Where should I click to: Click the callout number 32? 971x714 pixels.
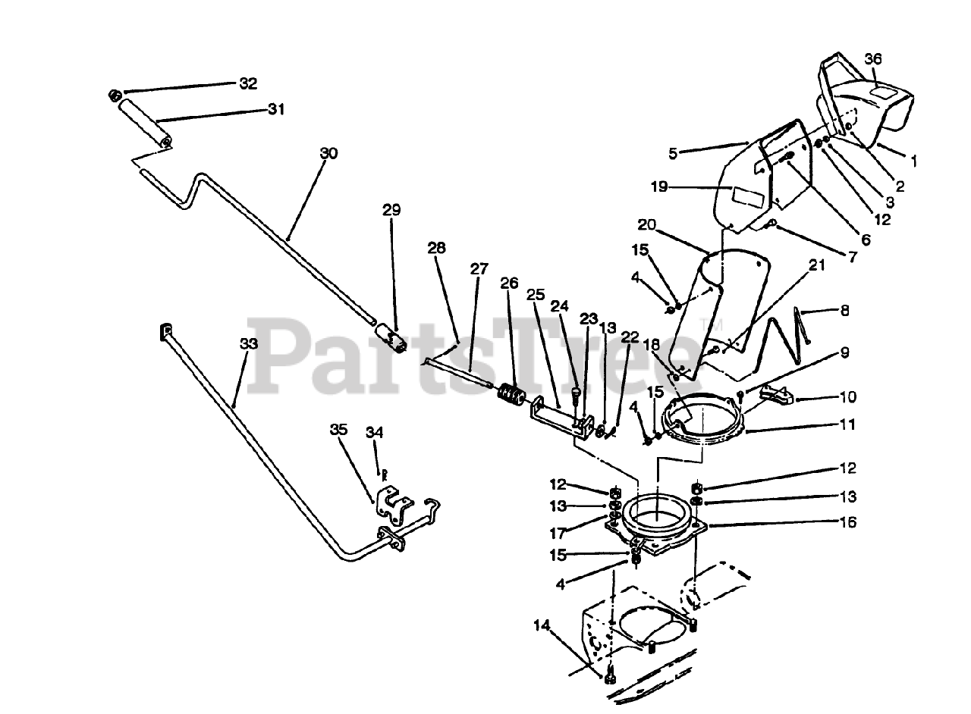click(x=248, y=83)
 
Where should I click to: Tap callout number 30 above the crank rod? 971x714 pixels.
click(x=328, y=153)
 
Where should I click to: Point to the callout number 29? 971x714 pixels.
click(x=391, y=210)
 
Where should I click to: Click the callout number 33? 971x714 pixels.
click(x=248, y=343)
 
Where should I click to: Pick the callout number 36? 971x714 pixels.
click(x=873, y=59)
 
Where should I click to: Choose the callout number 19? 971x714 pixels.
click(x=658, y=186)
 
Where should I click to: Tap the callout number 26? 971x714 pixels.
click(x=509, y=283)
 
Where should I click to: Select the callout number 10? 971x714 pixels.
click(x=847, y=396)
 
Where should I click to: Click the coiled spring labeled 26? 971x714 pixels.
click(x=511, y=396)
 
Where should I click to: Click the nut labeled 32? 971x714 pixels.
click(x=115, y=96)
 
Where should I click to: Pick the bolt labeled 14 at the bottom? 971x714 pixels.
click(x=609, y=676)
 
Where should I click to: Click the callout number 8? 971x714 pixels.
click(x=844, y=310)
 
